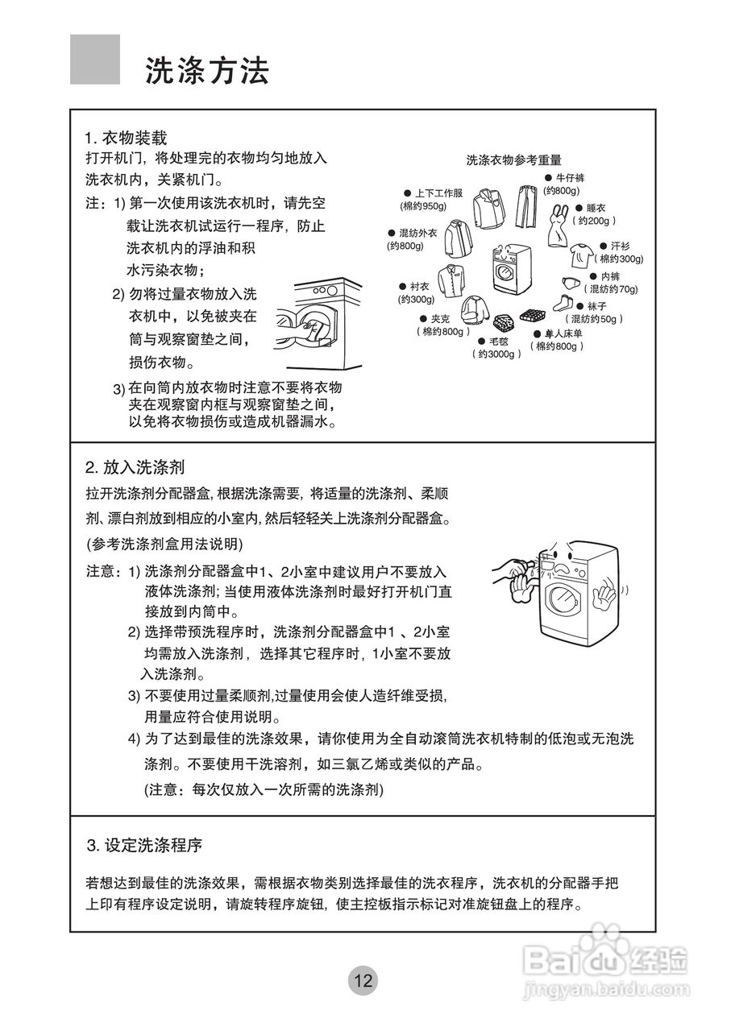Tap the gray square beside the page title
point(95,59)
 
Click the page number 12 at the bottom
point(363,980)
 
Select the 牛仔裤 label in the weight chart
point(570,177)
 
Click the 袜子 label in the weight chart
point(597,306)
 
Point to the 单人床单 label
point(563,333)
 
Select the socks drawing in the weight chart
point(561,303)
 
